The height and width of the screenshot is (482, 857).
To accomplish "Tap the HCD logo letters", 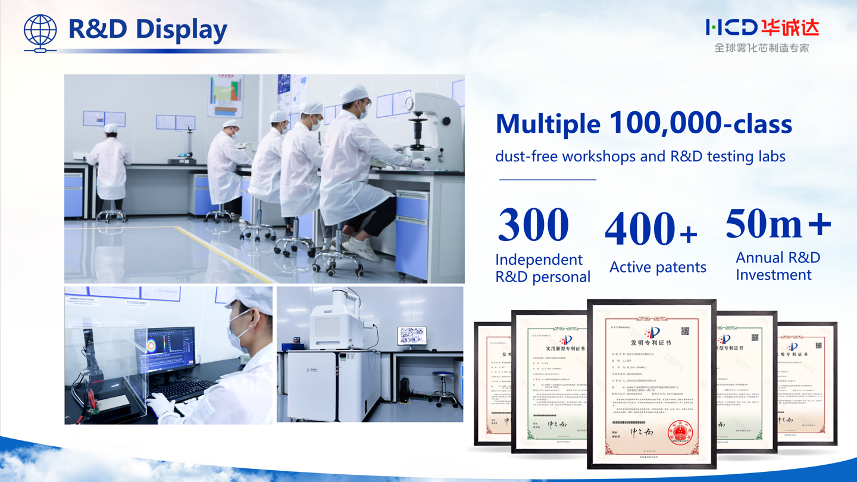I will pyautogui.click(x=731, y=27).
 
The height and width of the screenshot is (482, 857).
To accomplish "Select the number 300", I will pyautogui.click(x=533, y=224).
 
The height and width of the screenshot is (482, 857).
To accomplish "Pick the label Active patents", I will pyautogui.click(x=658, y=267).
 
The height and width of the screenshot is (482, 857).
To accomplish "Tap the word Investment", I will pyautogui.click(x=774, y=275).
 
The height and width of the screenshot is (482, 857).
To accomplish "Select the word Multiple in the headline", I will pyautogui.click(x=548, y=124).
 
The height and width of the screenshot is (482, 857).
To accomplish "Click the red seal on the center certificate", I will pyautogui.click(x=680, y=431).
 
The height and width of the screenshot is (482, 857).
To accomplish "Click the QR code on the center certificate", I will pyautogui.click(x=685, y=331).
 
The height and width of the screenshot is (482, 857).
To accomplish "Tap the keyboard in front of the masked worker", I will pyautogui.click(x=181, y=390).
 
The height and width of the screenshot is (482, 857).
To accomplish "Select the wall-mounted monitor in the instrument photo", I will pyautogui.click(x=412, y=336).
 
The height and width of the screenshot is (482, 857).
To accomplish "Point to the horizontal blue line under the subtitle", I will pyautogui.click(x=547, y=179).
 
